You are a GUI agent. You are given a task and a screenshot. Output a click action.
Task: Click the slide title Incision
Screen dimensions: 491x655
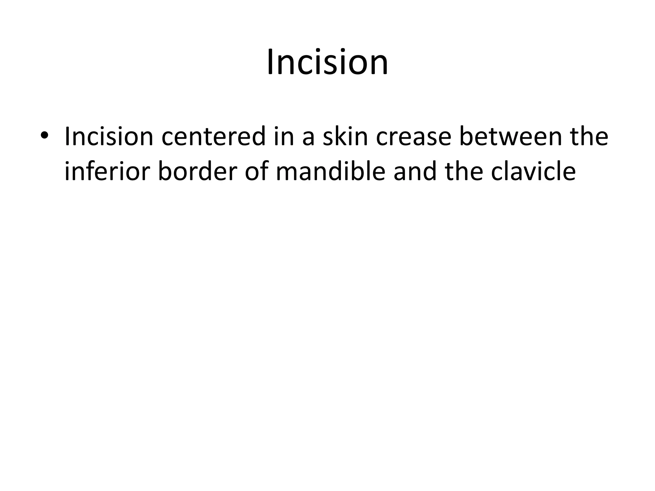(327, 62)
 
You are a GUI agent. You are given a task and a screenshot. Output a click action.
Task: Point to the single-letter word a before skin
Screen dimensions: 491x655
(309, 138)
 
